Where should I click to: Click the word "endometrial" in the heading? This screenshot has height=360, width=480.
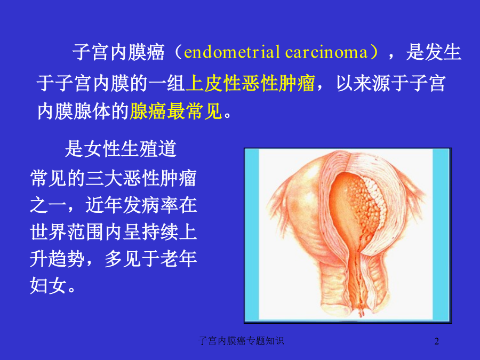[232, 52]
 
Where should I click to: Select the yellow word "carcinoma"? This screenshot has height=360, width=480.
[326, 52]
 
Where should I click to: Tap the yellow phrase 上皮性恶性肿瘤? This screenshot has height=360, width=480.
[251, 83]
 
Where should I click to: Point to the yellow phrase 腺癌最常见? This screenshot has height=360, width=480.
[176, 111]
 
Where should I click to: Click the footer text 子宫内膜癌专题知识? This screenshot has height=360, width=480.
[241, 341]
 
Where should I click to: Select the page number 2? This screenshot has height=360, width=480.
[437, 341]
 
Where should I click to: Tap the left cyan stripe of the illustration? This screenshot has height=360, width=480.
[252, 235]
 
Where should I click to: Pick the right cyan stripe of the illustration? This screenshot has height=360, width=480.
[441, 235]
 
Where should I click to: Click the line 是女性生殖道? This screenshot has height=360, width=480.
[121, 149]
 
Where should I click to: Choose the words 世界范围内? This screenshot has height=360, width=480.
[76, 232]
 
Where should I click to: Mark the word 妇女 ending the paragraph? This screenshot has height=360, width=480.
[49, 286]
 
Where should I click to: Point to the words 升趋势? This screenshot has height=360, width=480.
[57, 259]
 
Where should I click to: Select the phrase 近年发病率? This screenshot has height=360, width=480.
[132, 205]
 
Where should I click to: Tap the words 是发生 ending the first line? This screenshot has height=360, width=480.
[434, 52]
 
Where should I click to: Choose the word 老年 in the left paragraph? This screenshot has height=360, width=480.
[179, 259]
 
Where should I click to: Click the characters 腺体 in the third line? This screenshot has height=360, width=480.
[92, 111]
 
